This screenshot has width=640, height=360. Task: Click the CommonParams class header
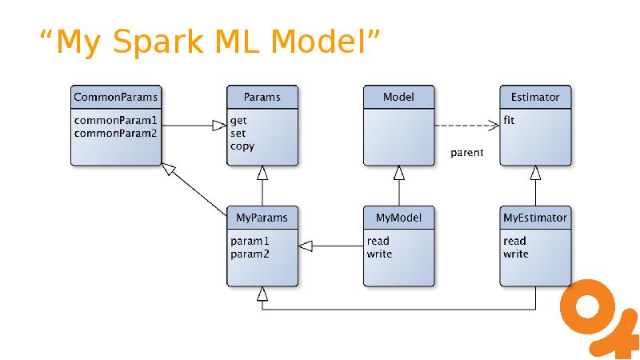[115, 97]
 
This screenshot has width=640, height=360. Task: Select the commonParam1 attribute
[115, 121]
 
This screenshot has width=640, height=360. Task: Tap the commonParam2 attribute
[115, 133]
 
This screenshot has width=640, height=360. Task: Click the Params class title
[262, 97]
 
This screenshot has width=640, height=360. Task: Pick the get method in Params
[238, 121]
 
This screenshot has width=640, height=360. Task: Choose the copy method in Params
[242, 146]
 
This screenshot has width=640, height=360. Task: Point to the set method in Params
[238, 133]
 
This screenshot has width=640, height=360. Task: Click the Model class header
[398, 97]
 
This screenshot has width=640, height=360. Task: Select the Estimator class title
[534, 97]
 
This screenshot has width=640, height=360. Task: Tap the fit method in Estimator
[509, 121]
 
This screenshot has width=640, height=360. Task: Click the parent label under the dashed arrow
[467, 153]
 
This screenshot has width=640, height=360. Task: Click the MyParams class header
[262, 217]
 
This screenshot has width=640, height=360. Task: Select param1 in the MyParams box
[250, 241]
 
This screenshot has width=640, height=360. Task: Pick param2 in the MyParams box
[250, 254]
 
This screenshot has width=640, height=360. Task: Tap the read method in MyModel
[378, 241]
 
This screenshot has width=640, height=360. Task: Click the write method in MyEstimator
[516, 254]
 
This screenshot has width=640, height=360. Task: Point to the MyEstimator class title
[534, 217]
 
